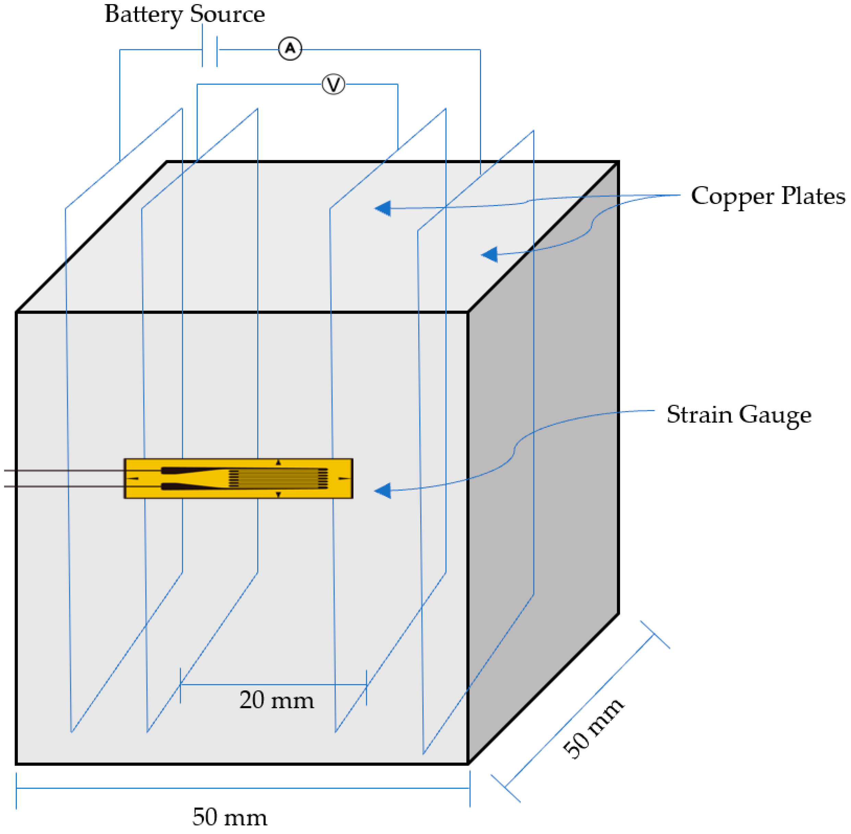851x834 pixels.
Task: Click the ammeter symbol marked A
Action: [x=290, y=49]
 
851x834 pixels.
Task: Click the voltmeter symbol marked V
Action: [x=333, y=84]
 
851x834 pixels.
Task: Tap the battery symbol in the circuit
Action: [x=209, y=49]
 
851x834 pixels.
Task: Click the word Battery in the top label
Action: [x=143, y=14]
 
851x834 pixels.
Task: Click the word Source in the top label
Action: [x=227, y=14]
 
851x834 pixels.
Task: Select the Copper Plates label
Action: [x=767, y=196]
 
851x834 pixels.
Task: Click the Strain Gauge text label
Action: [x=739, y=414]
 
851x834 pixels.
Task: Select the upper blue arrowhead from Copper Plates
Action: [x=383, y=208]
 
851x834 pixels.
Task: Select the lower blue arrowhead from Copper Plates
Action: [x=490, y=254]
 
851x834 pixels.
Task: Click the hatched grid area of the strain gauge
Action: [x=278, y=478]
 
